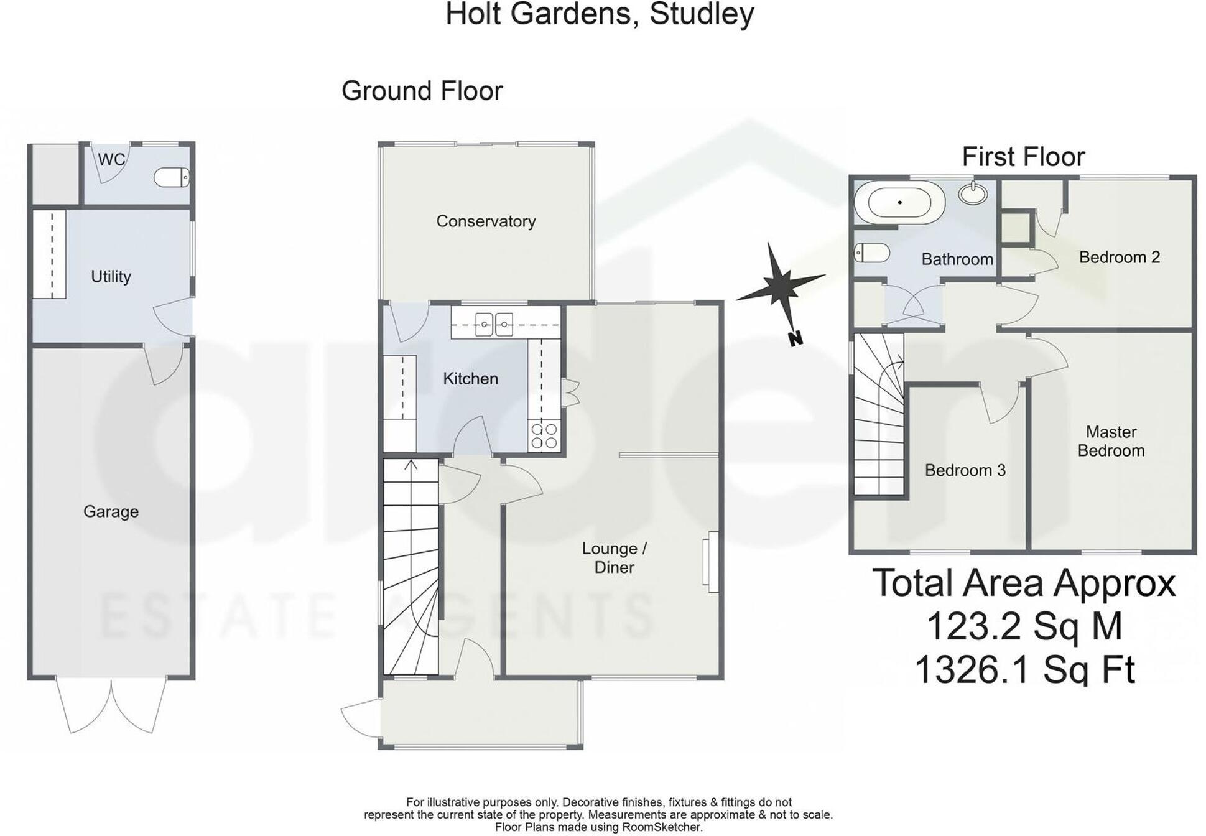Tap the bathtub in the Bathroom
[x=899, y=203]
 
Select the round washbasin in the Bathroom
[x=973, y=193]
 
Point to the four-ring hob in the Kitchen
[x=544, y=436]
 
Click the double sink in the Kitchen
[x=494, y=324]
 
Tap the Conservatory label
[x=486, y=221]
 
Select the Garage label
[x=111, y=511]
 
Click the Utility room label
[x=111, y=276]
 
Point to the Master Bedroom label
[x=1111, y=441]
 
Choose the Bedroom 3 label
[x=965, y=470]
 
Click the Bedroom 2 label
[x=1119, y=257]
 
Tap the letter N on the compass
[x=795, y=339]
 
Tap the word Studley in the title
[x=702, y=14]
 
